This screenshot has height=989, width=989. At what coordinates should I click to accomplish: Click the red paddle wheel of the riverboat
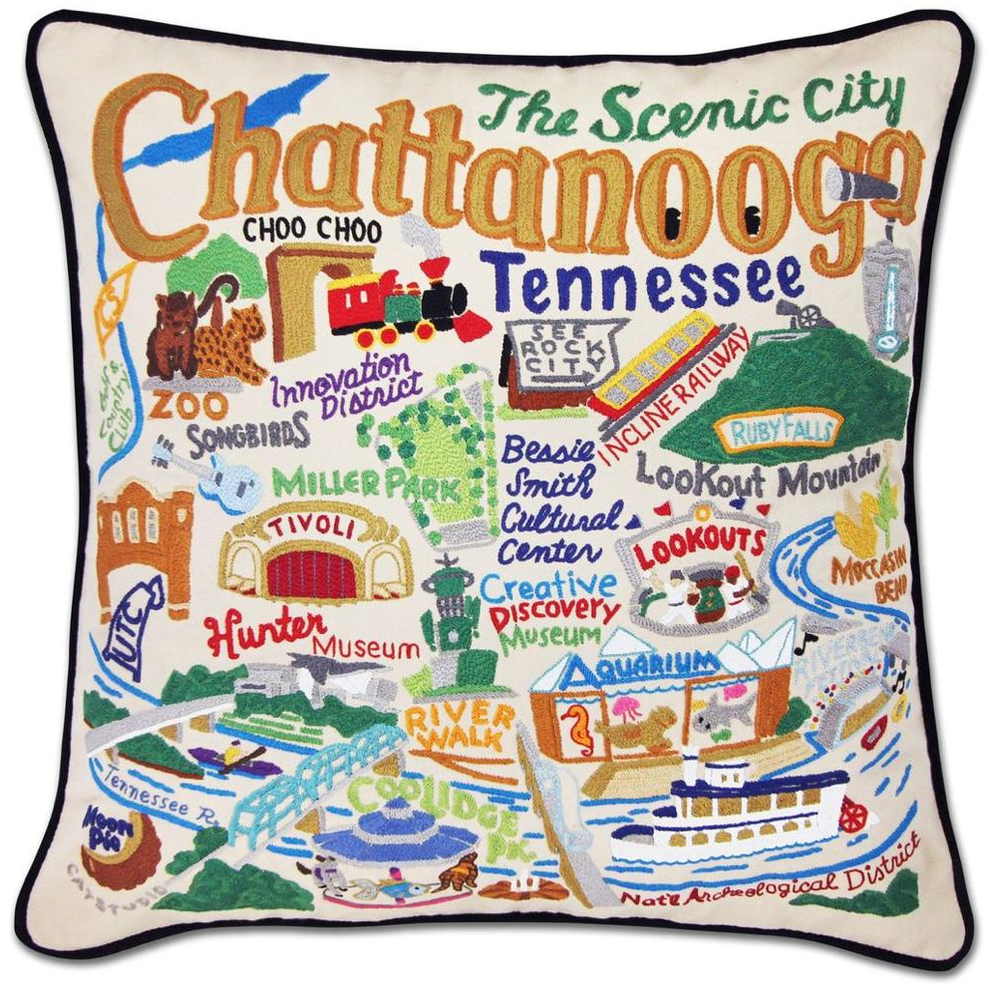coord(852,815)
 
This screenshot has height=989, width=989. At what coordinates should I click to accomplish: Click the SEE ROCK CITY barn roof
coord(563,349)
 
